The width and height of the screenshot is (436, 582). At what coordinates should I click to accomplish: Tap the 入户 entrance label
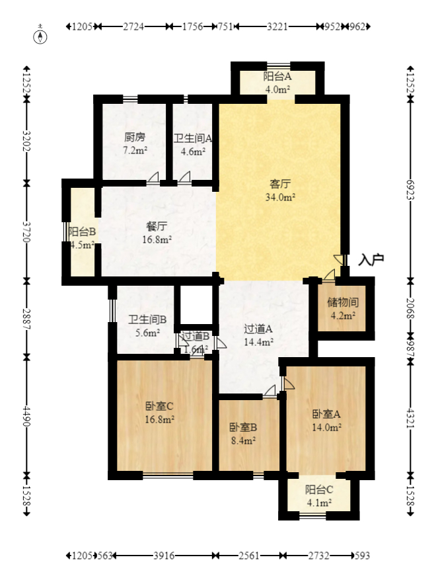coord(371,260)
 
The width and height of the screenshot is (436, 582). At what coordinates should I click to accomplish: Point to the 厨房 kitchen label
coord(135,138)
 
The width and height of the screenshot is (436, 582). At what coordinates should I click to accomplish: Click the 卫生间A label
coord(193,139)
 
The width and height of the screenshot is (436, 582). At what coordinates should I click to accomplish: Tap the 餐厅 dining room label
coord(157,226)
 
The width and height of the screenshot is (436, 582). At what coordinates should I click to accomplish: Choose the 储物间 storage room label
coord(343,303)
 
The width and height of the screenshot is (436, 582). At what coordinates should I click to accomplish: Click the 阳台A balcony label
coord(278,77)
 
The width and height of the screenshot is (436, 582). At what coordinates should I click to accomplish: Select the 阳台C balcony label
coord(318,490)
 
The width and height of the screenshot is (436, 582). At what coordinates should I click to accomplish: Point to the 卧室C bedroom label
coord(159,406)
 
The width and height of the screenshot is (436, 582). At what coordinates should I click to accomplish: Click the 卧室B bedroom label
coord(243,427)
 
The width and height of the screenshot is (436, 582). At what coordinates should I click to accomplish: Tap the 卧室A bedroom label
coord(326,415)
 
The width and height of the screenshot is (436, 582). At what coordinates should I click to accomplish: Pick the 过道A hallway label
coord(259,329)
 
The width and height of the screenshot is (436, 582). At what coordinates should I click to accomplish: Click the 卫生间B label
coord(147,320)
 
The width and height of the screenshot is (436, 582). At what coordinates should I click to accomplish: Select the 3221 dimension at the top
coord(277,27)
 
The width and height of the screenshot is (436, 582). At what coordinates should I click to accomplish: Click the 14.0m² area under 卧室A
coord(326,427)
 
